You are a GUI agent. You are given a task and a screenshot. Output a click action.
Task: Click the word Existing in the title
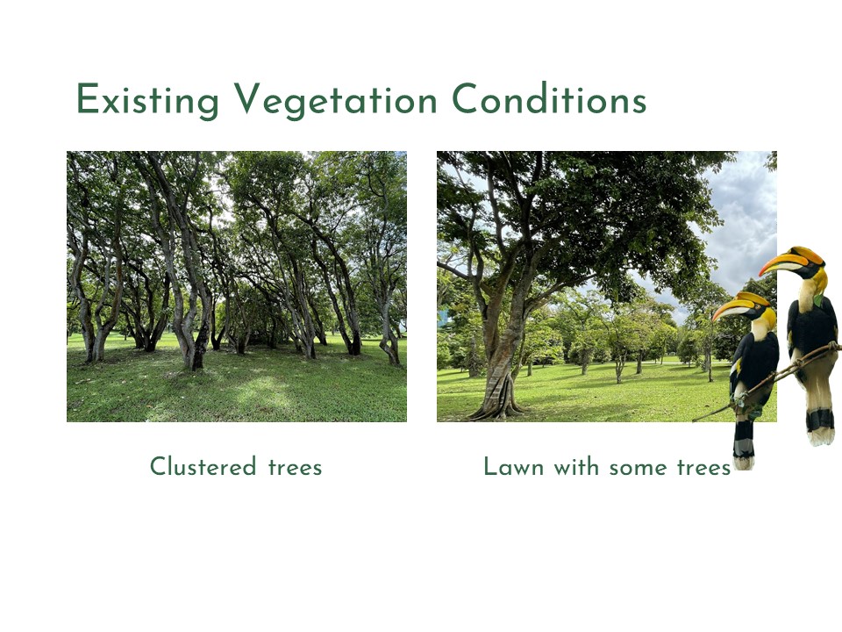click(147, 100)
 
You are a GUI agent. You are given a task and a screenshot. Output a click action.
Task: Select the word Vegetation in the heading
click(336, 99)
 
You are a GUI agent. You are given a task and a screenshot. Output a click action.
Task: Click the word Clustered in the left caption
click(203, 466)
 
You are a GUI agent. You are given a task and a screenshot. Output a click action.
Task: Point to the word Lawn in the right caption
click(513, 466)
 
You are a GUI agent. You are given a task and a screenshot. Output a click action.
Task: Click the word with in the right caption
click(576, 466)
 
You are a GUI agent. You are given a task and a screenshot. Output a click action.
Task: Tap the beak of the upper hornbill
click(781, 262)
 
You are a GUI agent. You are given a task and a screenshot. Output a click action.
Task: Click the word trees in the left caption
click(295, 467)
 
